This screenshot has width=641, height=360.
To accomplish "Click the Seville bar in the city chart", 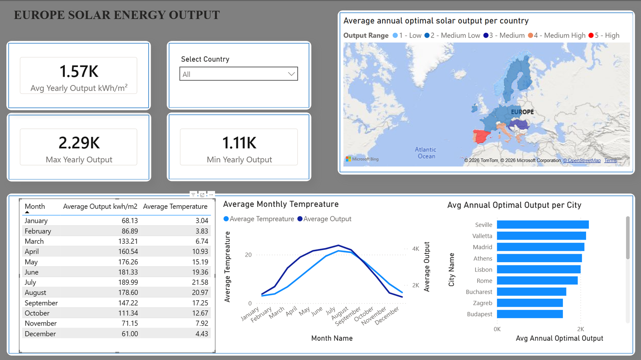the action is pyautogui.click(x=543, y=224).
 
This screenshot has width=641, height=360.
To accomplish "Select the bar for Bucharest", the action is pyautogui.click(x=531, y=291).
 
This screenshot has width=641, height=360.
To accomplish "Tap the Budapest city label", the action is pyautogui.click(x=480, y=314).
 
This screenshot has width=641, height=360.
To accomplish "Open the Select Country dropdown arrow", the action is pyautogui.click(x=291, y=74).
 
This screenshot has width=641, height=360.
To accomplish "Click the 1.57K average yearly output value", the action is pyautogui.click(x=79, y=71).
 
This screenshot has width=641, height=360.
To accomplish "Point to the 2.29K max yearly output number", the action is pyautogui.click(x=79, y=143).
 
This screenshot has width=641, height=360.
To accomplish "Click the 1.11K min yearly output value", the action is pyautogui.click(x=239, y=143).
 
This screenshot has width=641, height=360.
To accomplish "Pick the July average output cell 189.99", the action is pyautogui.click(x=128, y=282).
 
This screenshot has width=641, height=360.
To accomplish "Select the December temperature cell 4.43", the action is pyautogui.click(x=202, y=334).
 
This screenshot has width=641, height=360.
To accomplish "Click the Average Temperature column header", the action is pyautogui.click(x=175, y=206).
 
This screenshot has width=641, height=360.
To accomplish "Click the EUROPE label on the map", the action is pyautogui.click(x=522, y=112).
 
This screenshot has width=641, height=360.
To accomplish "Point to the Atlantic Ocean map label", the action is pyautogui.click(x=426, y=153).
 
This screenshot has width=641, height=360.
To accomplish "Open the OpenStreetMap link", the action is pyautogui.click(x=582, y=160).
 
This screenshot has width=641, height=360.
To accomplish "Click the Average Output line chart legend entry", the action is pyautogui.click(x=324, y=219).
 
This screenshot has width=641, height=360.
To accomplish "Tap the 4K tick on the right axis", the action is pyautogui.click(x=415, y=249).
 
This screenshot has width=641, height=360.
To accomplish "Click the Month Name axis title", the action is pyautogui.click(x=332, y=338).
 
